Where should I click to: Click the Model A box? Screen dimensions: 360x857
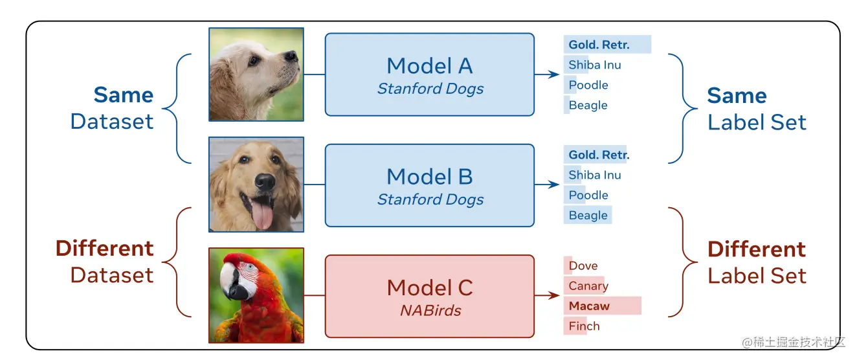pyautogui.click(x=429, y=74)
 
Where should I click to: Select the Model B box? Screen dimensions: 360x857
pyautogui.click(x=429, y=185)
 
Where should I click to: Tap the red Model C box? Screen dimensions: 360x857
pyautogui.click(x=429, y=296)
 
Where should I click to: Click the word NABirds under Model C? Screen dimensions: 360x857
pyautogui.click(x=430, y=310)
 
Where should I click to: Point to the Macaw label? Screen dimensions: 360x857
pyautogui.click(x=589, y=306)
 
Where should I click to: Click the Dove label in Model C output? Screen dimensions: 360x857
pyautogui.click(x=583, y=265)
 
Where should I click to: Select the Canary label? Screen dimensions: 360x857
pyautogui.click(x=588, y=286)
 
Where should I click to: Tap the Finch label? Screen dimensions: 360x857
pyautogui.click(x=584, y=326)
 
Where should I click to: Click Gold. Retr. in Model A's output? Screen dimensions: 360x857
pyautogui.click(x=599, y=45)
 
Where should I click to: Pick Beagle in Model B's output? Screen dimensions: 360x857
pyautogui.click(x=588, y=216)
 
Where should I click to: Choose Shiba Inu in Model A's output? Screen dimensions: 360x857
pyautogui.click(x=594, y=65)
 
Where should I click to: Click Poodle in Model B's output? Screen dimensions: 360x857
pyautogui.click(x=588, y=195)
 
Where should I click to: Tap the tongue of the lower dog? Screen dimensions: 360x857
pyautogui.click(x=262, y=216)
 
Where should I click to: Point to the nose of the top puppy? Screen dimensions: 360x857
pyautogui.click(x=292, y=56)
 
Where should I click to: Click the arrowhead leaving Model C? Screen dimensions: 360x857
pyautogui.click(x=555, y=296)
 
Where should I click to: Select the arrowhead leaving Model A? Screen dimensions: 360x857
pyautogui.click(x=555, y=74)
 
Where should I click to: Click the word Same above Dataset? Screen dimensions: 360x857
pyautogui.click(x=123, y=95)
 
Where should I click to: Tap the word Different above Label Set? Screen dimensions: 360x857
pyautogui.click(x=756, y=249)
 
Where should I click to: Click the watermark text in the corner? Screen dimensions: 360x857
pyautogui.click(x=794, y=341)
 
